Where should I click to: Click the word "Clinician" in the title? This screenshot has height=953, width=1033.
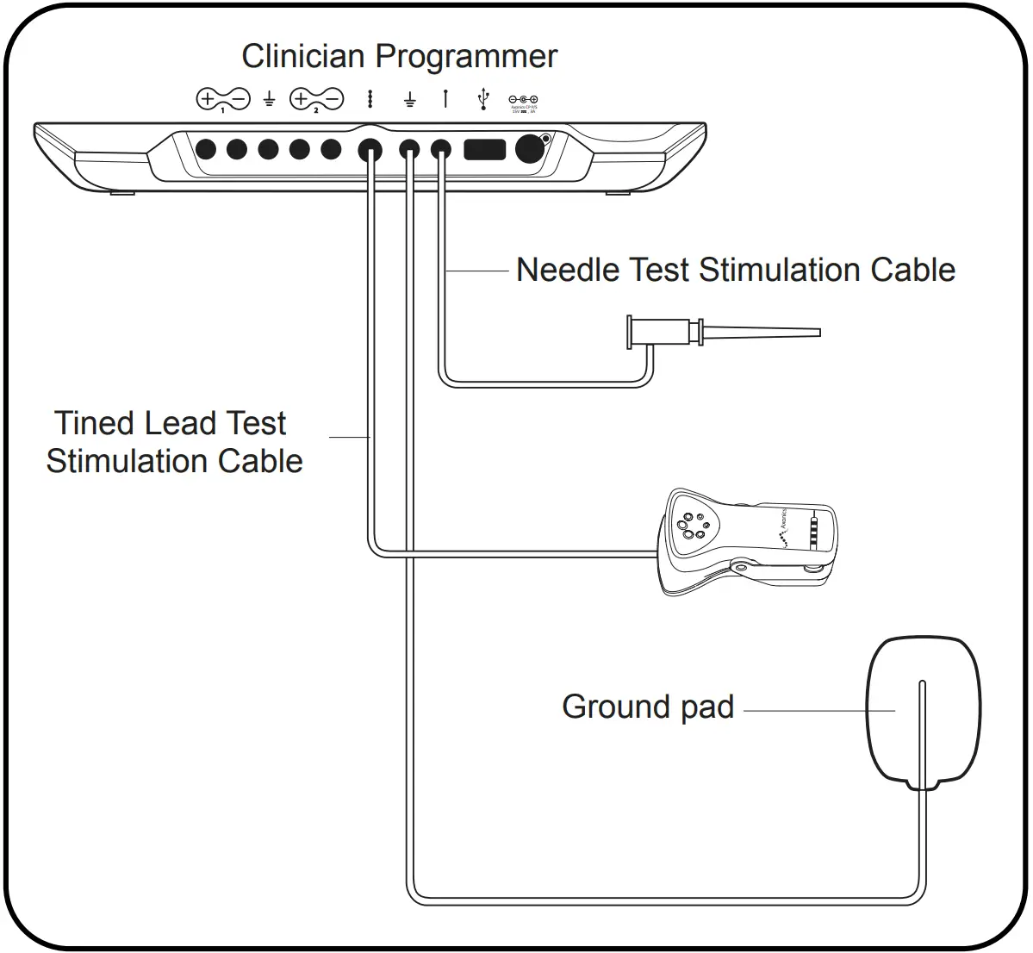point(303,57)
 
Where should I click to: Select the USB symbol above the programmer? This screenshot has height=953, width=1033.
point(483,99)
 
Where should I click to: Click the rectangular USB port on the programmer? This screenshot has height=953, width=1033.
point(484,149)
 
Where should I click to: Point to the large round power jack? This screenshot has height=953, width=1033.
point(530,149)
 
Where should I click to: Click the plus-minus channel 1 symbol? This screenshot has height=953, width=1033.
point(222,100)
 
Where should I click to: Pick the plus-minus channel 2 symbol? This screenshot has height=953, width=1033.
point(316,100)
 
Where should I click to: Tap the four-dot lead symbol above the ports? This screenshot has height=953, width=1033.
point(370,99)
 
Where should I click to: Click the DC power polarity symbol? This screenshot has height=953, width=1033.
point(523,100)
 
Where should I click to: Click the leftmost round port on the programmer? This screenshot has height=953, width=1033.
point(206,149)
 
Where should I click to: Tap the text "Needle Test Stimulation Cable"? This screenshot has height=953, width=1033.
point(735,270)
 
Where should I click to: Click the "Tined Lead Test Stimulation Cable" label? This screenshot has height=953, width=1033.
point(174,442)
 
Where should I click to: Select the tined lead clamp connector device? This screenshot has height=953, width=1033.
point(746,543)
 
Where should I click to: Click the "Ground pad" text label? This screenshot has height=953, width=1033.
point(648,707)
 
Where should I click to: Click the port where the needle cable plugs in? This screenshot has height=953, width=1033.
point(441,150)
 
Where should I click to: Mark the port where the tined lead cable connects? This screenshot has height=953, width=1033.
point(370,150)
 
